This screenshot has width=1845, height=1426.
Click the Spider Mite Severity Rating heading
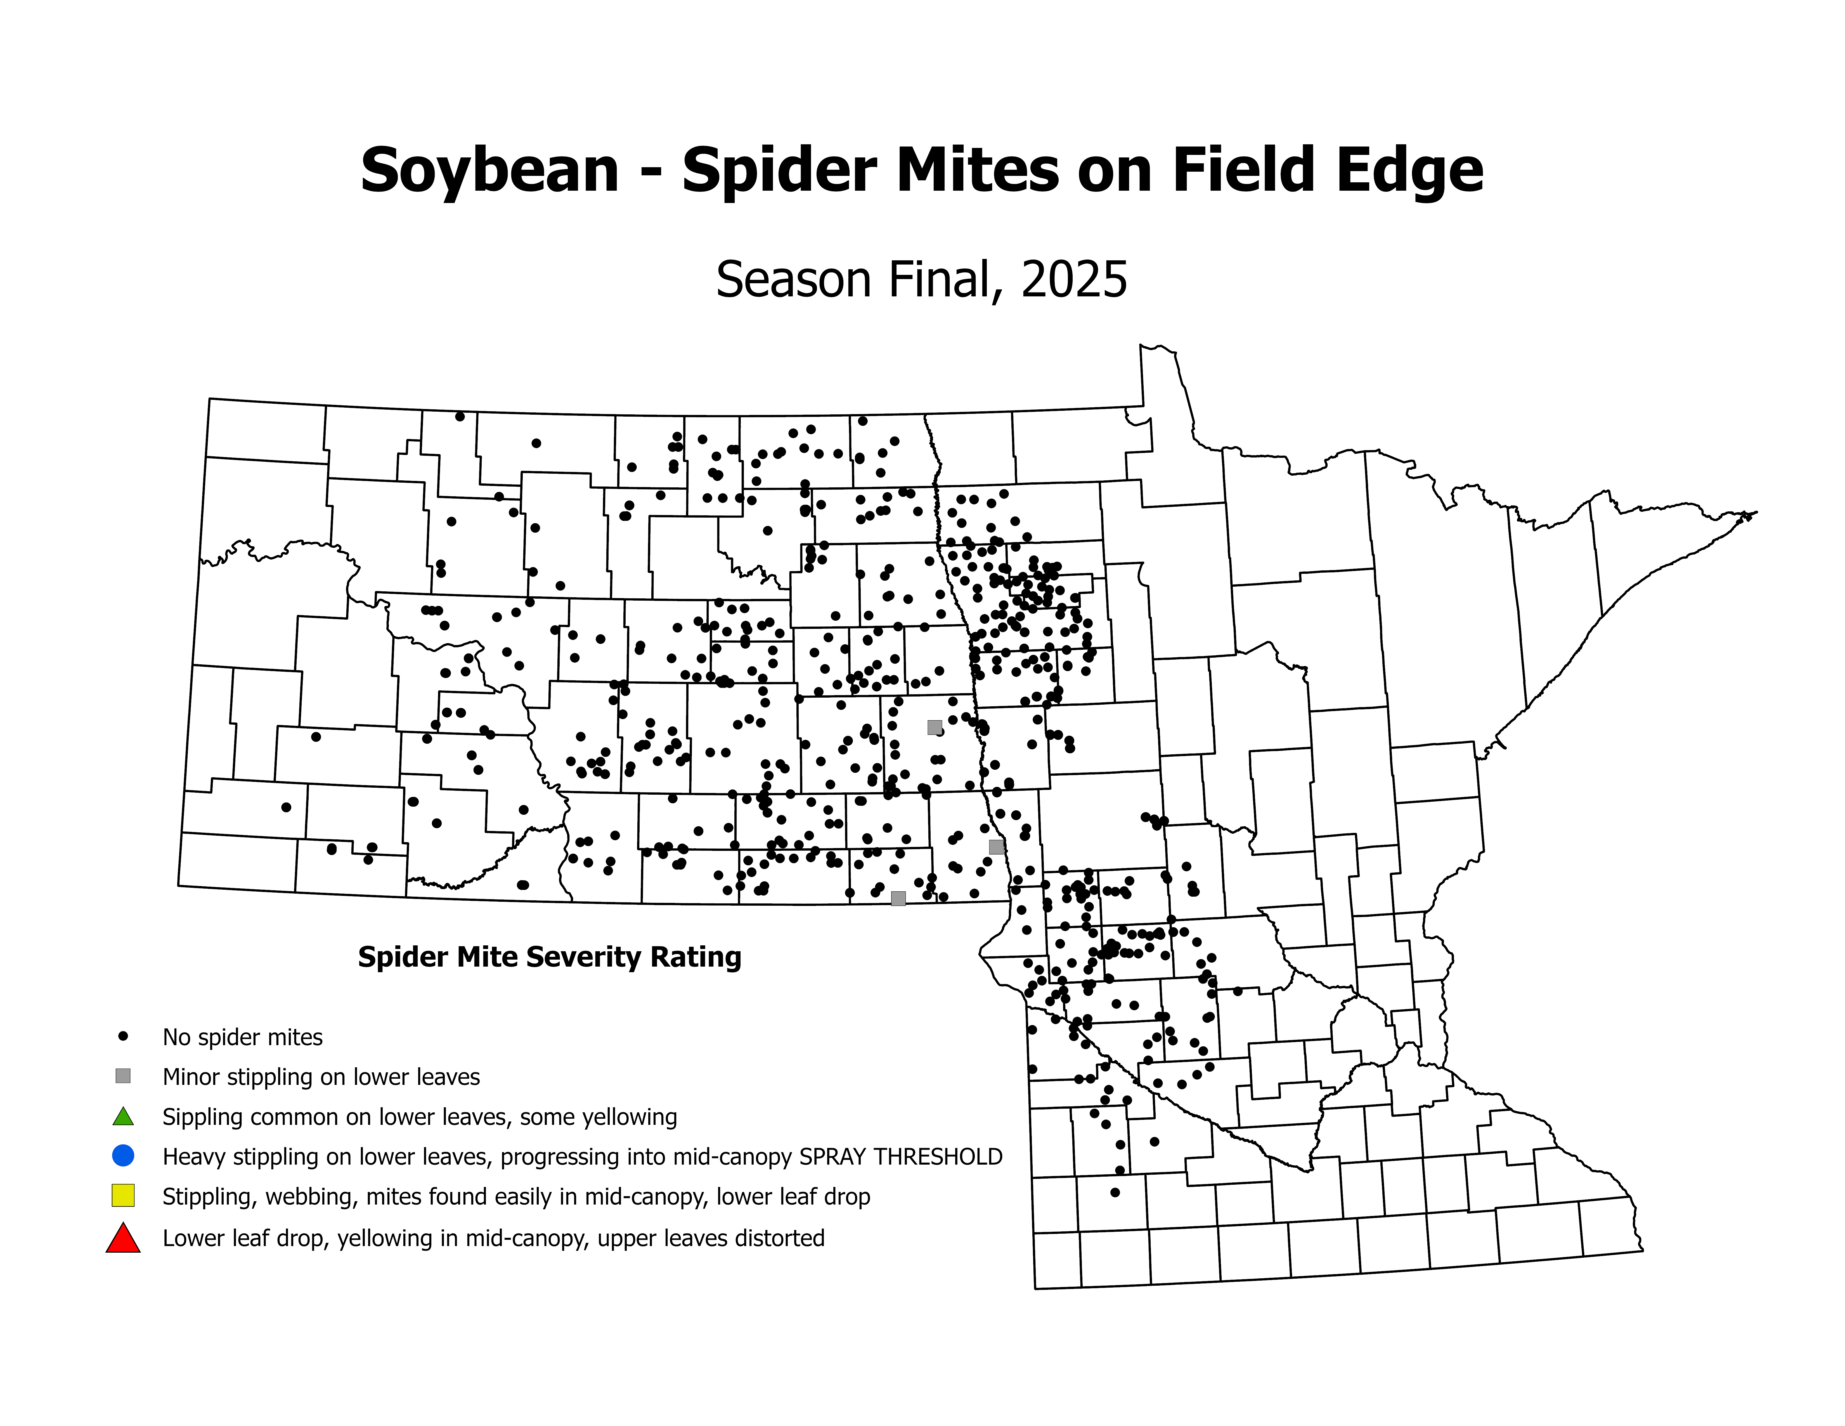[549, 957]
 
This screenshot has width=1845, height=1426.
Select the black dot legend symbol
[123, 1036]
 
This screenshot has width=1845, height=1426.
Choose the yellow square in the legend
[123, 1195]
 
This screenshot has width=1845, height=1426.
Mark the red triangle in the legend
[123, 1238]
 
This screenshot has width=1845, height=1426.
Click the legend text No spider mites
[242, 1037]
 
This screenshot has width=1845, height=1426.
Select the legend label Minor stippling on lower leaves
[321, 1077]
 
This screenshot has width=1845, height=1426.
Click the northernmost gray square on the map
[934, 727]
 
